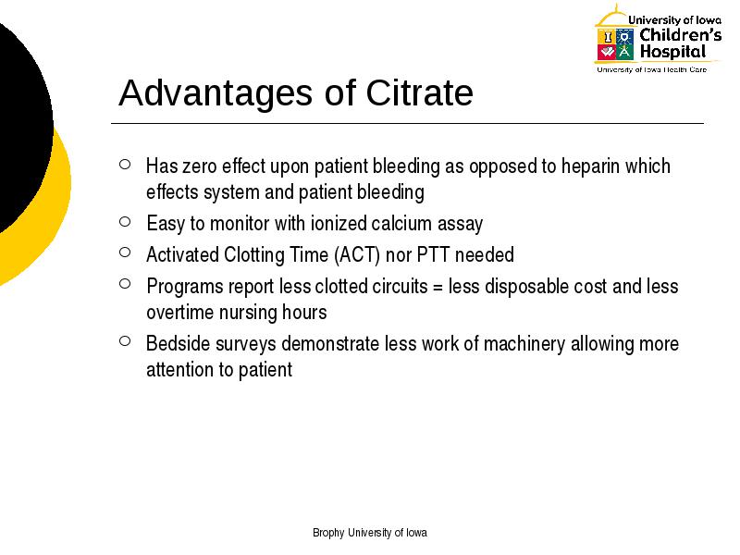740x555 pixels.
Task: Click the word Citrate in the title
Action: pyautogui.click(x=419, y=92)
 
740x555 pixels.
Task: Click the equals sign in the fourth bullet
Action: pyautogui.click(x=438, y=288)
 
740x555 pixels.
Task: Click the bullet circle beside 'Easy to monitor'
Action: pyautogui.click(x=125, y=221)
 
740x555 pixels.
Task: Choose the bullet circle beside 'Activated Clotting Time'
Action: pyautogui.click(x=125, y=253)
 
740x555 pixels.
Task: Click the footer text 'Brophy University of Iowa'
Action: pyautogui.click(x=370, y=533)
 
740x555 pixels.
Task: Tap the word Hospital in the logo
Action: pyautogui.click(x=673, y=52)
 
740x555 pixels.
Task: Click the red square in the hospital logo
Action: pyautogui.click(x=607, y=52)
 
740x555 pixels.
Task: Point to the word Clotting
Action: pyautogui.click(x=253, y=255)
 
